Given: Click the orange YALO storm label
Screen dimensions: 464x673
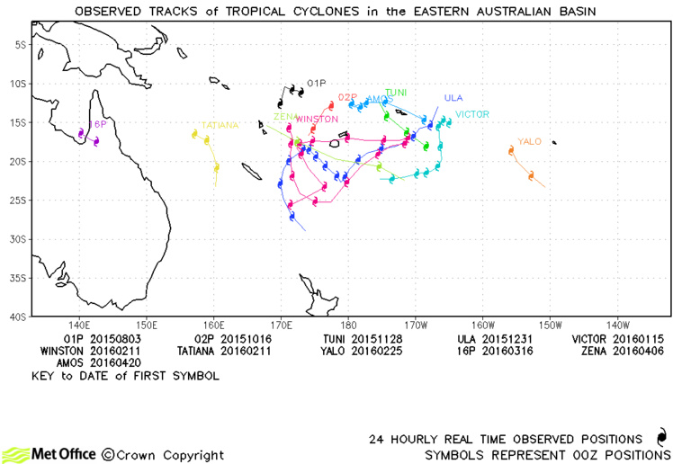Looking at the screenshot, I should (529, 141).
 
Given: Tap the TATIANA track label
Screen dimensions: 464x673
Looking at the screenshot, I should (220, 125).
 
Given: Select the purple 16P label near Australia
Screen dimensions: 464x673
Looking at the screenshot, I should (97, 124).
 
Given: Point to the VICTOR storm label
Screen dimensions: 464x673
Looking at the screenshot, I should (472, 114).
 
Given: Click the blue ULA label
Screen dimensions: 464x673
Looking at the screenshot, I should (453, 98).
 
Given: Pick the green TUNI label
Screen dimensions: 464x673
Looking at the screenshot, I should (396, 93).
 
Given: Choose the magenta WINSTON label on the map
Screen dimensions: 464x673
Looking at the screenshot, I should (317, 119).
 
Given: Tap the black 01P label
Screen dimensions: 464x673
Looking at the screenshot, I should (317, 83).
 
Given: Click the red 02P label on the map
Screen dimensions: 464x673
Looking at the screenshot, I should (348, 96).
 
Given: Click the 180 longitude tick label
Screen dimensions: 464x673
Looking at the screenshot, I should (348, 324).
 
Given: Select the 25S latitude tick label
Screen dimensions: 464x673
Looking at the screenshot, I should (16, 201).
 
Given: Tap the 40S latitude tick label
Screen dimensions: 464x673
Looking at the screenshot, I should (16, 317).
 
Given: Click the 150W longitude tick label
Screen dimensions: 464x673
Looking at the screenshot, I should (550, 324).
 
